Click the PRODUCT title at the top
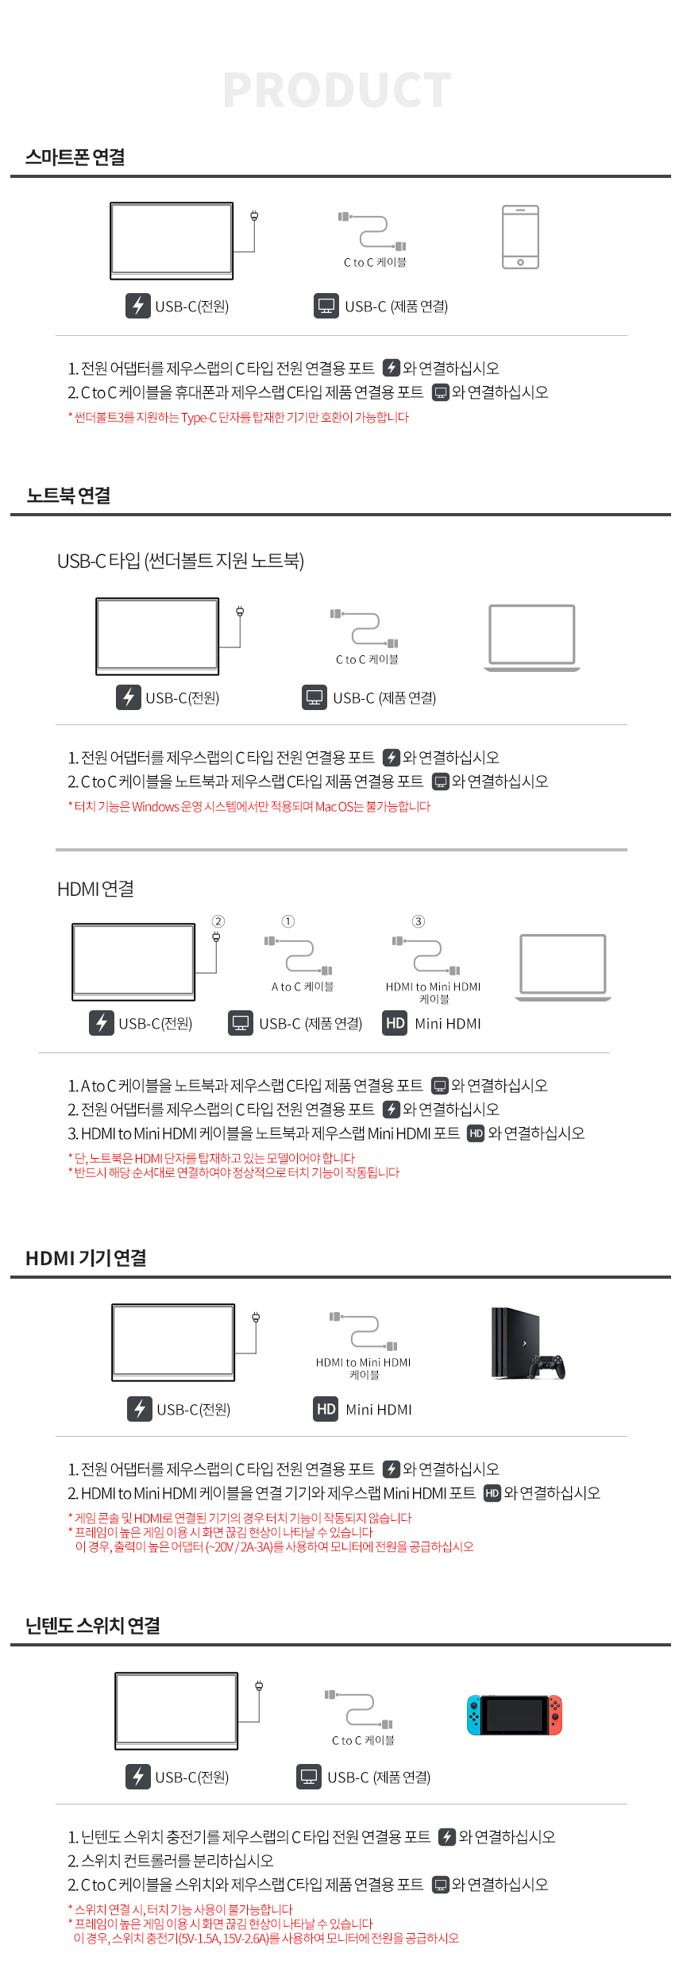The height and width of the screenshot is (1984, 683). coord(338,90)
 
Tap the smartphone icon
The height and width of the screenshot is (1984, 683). coord(521,237)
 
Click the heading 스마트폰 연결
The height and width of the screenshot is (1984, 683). coord(75,157)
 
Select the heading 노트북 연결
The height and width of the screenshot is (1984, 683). coord(68,496)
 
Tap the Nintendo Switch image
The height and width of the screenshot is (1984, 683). coord(515,1715)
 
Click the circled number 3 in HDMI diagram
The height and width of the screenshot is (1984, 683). coord(419,921)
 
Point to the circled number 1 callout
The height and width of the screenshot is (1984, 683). coord(288,921)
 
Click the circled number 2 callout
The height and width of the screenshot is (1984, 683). coord(218,921)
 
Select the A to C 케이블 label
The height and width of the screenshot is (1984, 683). coord(303,986)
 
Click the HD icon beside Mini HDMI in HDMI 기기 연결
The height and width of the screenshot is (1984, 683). coord(326,1409)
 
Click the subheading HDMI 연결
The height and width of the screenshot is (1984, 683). coord(95,889)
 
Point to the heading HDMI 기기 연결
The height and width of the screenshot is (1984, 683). coord(86,1258)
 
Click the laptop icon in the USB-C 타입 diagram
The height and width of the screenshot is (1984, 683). coord(532,638)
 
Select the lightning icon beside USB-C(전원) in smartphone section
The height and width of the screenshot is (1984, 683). coord(138,306)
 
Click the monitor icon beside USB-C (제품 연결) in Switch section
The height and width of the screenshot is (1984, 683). coord(309,1777)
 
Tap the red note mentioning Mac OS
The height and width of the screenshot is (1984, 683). coord(249,806)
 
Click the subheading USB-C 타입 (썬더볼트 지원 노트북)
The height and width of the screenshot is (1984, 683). coord(180,561)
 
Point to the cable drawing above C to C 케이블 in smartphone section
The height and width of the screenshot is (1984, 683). coord(372,231)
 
